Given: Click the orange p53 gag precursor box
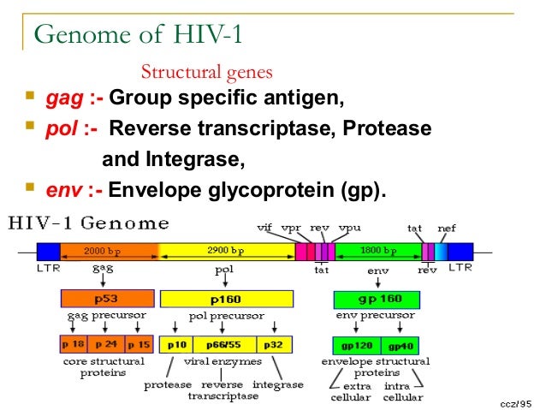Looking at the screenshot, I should (x=107, y=299).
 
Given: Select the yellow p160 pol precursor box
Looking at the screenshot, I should (x=227, y=299).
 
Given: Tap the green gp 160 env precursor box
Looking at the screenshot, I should (x=377, y=300).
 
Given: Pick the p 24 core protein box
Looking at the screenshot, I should (x=107, y=345).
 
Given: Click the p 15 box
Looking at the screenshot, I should (x=139, y=345).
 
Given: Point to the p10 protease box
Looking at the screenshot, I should (x=177, y=345).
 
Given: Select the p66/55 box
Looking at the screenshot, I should (x=224, y=345).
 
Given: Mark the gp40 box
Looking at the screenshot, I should (x=400, y=346).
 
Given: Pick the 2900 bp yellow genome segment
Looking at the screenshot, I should (x=226, y=251).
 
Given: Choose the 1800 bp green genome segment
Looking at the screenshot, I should (x=377, y=251).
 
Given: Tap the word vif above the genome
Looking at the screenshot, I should (x=266, y=229).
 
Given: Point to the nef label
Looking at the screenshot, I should (x=447, y=229).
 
